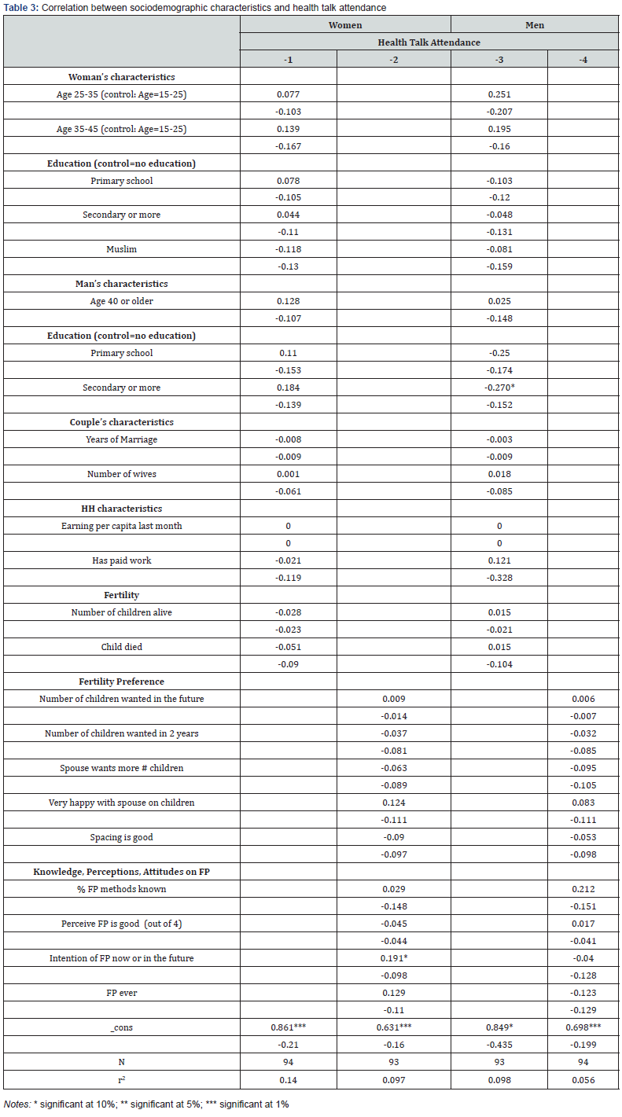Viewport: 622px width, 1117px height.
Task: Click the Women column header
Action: coord(345,25)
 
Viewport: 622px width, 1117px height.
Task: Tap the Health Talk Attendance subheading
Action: coord(429,42)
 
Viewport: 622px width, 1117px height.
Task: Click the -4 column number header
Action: coord(583,60)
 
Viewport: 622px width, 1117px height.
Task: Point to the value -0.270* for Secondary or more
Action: coord(499,388)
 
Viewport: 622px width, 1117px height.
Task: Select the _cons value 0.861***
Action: coord(289,1027)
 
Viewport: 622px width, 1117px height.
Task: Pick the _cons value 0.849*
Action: coord(499,1027)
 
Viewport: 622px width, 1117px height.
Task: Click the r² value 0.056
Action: coord(583,1079)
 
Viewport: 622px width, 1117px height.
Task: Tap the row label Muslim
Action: coord(121,249)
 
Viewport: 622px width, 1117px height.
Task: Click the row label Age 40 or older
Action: coord(121,301)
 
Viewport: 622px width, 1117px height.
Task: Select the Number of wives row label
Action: coord(121,474)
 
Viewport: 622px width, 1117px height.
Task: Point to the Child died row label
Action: coord(121,647)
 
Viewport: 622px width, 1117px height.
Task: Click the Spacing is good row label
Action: coord(121,837)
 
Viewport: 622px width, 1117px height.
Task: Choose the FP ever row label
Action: coord(121,993)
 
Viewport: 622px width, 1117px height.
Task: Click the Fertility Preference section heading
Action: coord(121,682)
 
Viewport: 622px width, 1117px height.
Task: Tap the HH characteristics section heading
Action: coord(121,509)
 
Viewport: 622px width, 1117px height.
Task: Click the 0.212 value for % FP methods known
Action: coord(583,889)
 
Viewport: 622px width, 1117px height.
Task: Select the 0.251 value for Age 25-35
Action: coord(499,94)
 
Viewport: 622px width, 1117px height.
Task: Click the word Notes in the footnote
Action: coord(16,1104)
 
